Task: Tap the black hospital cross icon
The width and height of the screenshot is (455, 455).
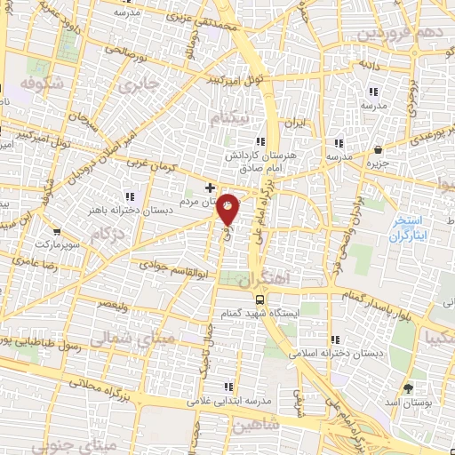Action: pos(211,188)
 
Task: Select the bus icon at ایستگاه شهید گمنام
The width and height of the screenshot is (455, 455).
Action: pos(259,299)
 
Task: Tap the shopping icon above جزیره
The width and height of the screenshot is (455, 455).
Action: pos(379,149)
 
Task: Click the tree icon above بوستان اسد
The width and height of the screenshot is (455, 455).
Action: pos(408,388)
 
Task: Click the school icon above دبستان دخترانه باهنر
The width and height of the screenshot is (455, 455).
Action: pos(131,196)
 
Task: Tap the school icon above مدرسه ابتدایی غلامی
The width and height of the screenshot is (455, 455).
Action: pos(228,386)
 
